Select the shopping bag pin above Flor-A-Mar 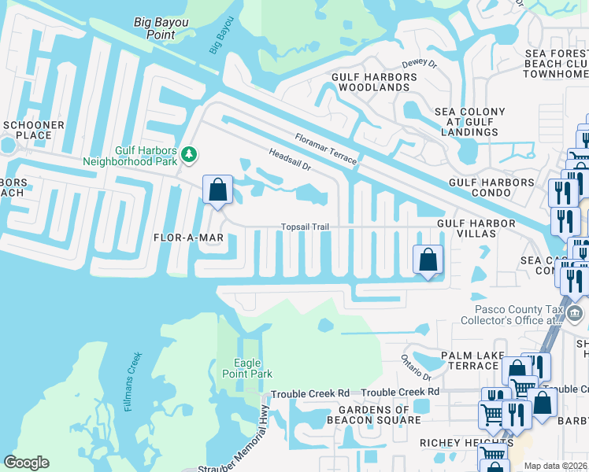tap(217, 190)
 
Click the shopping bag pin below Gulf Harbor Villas tap(427, 260)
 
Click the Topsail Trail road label tap(305, 227)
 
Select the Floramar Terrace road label tap(325, 149)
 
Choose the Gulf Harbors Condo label tap(491, 182)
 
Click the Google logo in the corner tap(27, 462)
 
